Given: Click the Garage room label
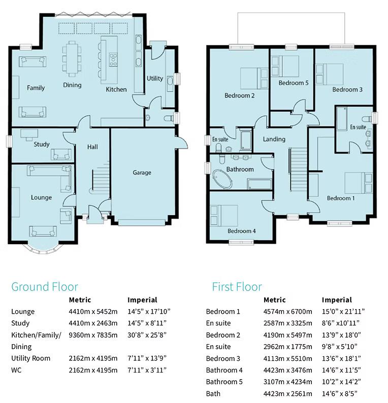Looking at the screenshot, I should pyautogui.click(x=142, y=173).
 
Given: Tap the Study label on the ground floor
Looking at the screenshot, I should pyautogui.click(x=42, y=144).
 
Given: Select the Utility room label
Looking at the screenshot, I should pyautogui.click(x=155, y=79).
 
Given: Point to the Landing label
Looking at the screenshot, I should pyautogui.click(x=274, y=139).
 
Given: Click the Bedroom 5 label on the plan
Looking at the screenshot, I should pyautogui.click(x=293, y=83).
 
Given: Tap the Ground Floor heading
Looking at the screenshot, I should pyautogui.click(x=45, y=287).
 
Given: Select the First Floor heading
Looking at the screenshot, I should pyautogui.click(x=237, y=287).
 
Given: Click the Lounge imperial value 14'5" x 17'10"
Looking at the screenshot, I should pyautogui.click(x=149, y=312).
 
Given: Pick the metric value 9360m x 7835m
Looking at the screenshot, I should pyautogui.click(x=93, y=335).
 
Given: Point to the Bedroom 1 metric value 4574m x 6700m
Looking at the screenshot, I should pyautogui.click(x=287, y=312).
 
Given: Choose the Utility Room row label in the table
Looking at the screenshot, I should pyautogui.click(x=31, y=358).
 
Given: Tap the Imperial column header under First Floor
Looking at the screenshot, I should pyautogui.click(x=337, y=300).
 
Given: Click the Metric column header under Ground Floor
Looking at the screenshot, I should pyautogui.click(x=80, y=300).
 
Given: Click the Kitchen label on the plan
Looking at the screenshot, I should pyautogui.click(x=116, y=90).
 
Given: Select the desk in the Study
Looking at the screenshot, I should pyautogui.click(x=29, y=134).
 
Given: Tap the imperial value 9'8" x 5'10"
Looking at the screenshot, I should pyautogui.click(x=342, y=347).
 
